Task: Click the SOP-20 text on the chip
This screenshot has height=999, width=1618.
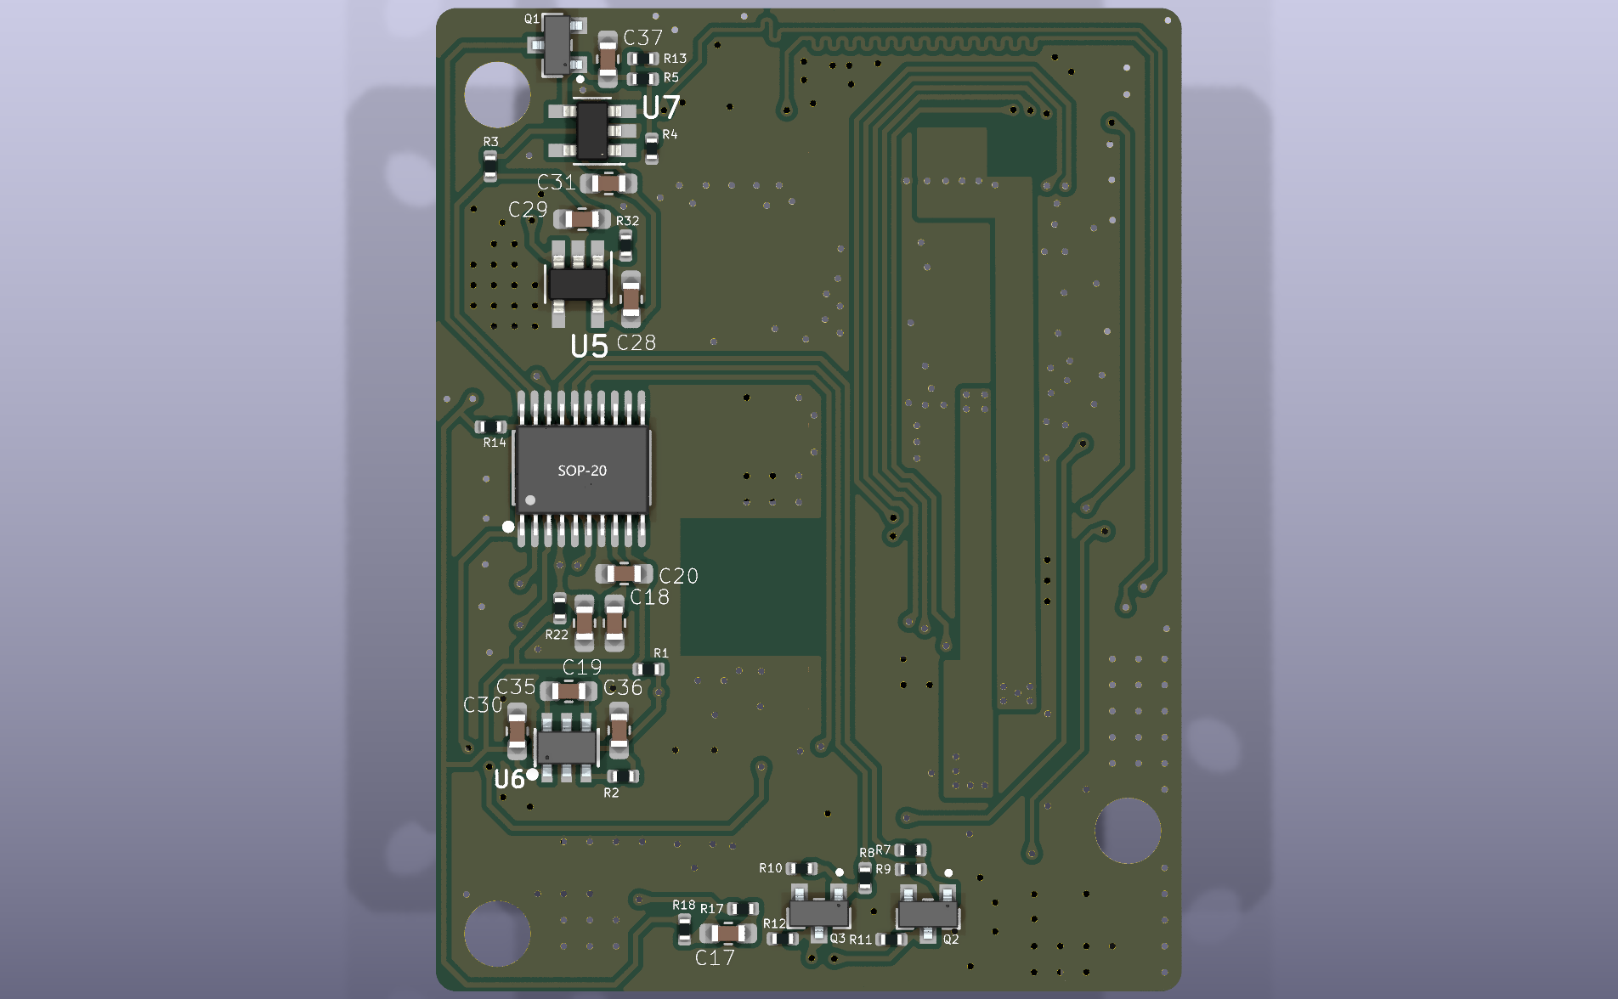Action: point(582,471)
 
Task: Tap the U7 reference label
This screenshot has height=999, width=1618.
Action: point(661,108)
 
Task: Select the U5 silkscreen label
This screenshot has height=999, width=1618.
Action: point(589,347)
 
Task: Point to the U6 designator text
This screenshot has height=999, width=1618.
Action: point(509,779)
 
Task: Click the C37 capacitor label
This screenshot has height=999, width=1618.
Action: point(642,38)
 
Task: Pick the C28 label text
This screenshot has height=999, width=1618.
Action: point(636,343)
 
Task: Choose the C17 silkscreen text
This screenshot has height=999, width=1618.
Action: point(715,958)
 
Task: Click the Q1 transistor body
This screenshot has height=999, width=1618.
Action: point(557,44)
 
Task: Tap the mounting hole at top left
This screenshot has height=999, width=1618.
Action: point(497,94)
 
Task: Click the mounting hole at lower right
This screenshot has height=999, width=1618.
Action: point(1128,830)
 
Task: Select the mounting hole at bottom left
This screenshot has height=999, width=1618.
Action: point(497,933)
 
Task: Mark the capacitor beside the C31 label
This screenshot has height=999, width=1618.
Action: point(608,183)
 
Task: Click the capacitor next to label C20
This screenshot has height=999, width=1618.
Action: point(624,573)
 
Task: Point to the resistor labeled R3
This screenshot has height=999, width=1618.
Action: point(490,166)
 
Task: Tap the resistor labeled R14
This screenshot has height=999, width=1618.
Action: point(490,426)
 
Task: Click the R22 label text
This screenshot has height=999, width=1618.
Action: point(557,635)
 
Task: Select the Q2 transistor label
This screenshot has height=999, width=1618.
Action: point(951,939)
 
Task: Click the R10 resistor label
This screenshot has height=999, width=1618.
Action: point(770,868)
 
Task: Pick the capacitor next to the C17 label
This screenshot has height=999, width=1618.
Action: point(728,933)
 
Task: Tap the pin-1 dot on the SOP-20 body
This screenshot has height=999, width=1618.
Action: point(530,500)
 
